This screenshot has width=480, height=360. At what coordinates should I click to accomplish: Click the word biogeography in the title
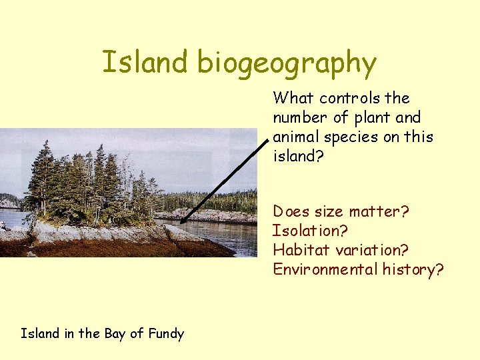pyautogui.click(x=287, y=64)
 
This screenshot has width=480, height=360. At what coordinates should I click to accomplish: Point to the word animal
pyautogui.click(x=294, y=137)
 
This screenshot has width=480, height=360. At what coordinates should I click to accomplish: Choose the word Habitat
pyautogui.click(x=297, y=250)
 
